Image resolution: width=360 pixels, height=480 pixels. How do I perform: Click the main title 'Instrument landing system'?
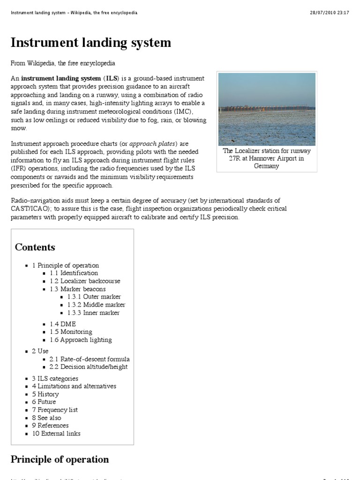91,43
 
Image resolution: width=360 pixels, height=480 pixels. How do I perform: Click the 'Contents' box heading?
35,247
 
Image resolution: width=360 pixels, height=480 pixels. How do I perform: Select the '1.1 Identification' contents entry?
74,273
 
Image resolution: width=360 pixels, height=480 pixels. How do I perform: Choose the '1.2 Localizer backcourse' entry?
85,281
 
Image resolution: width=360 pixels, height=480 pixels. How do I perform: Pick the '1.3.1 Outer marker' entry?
94,297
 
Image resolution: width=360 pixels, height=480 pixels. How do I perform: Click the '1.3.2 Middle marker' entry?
96,305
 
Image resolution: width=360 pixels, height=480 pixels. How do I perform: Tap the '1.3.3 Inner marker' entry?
93,313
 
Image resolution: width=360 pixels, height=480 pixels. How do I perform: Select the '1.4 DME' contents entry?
63,324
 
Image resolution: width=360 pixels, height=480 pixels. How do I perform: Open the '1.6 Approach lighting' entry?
81,340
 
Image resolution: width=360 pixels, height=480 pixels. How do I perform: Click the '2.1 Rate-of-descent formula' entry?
90,359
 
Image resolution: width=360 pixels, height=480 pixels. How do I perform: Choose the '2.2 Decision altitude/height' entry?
88,367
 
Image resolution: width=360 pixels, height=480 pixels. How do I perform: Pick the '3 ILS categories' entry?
55,378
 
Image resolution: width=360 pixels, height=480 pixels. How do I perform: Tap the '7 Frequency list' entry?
55,410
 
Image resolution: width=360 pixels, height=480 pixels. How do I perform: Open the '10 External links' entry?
56,434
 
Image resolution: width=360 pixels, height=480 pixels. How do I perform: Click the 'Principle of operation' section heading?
60,459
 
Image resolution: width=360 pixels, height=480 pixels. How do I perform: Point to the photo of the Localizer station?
267,109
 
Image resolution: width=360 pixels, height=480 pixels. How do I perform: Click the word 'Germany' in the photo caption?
267,166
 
